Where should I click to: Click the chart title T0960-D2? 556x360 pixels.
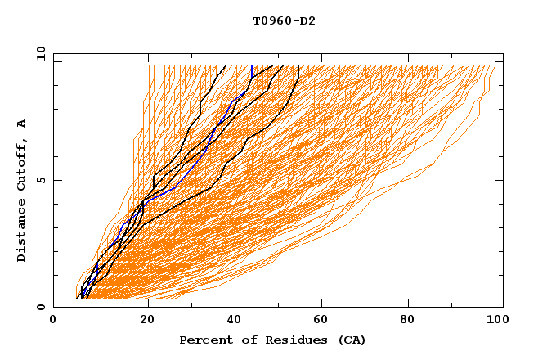[284, 21]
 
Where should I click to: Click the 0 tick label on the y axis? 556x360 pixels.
[40, 307]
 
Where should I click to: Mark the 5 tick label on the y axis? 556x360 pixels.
[40, 180]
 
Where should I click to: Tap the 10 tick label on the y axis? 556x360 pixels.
[38, 53]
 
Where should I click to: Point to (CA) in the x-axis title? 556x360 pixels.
[351, 340]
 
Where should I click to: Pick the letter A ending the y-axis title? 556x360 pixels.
[22, 124]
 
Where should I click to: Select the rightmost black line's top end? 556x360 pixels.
[299, 66]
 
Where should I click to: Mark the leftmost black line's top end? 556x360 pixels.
[226, 66]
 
